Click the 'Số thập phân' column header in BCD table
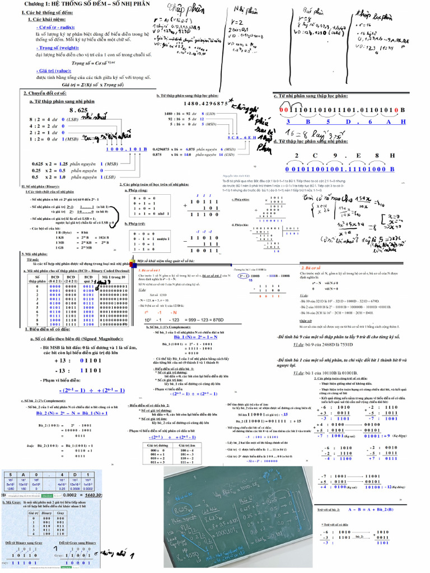[38, 279]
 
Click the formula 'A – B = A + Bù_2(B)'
[371, 509]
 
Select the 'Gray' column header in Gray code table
[61, 513]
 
